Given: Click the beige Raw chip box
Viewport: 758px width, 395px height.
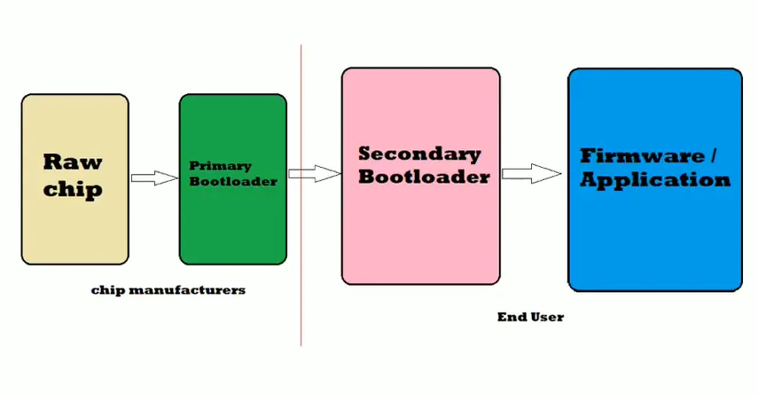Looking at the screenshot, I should point(74,222).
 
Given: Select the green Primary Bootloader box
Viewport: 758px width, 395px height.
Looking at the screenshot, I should point(232,222).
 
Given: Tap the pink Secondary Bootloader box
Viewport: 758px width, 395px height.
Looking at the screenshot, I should point(420,231).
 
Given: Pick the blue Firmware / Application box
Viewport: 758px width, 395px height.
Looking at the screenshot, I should point(654,240).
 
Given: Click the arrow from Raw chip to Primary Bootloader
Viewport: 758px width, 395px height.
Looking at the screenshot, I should point(154,178).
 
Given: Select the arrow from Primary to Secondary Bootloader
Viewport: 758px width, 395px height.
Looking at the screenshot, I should point(315,174).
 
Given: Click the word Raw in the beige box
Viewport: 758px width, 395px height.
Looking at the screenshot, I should point(73,162).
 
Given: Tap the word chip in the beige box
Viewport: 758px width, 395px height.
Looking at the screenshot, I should point(73,188).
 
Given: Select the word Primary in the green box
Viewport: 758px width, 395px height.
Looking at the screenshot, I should point(221,165).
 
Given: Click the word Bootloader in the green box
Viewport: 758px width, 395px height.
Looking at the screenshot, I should point(233,181).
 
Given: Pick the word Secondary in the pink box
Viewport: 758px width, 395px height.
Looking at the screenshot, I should point(419,153).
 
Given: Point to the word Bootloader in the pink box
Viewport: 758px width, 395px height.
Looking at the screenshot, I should point(424,177).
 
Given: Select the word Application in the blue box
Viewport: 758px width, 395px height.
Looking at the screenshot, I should point(655,179).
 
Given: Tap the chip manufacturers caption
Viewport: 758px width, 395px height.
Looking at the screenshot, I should point(168,290).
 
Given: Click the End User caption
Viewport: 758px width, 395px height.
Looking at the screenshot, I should point(530,316).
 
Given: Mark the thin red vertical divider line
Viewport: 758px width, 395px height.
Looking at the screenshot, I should point(301,266).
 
